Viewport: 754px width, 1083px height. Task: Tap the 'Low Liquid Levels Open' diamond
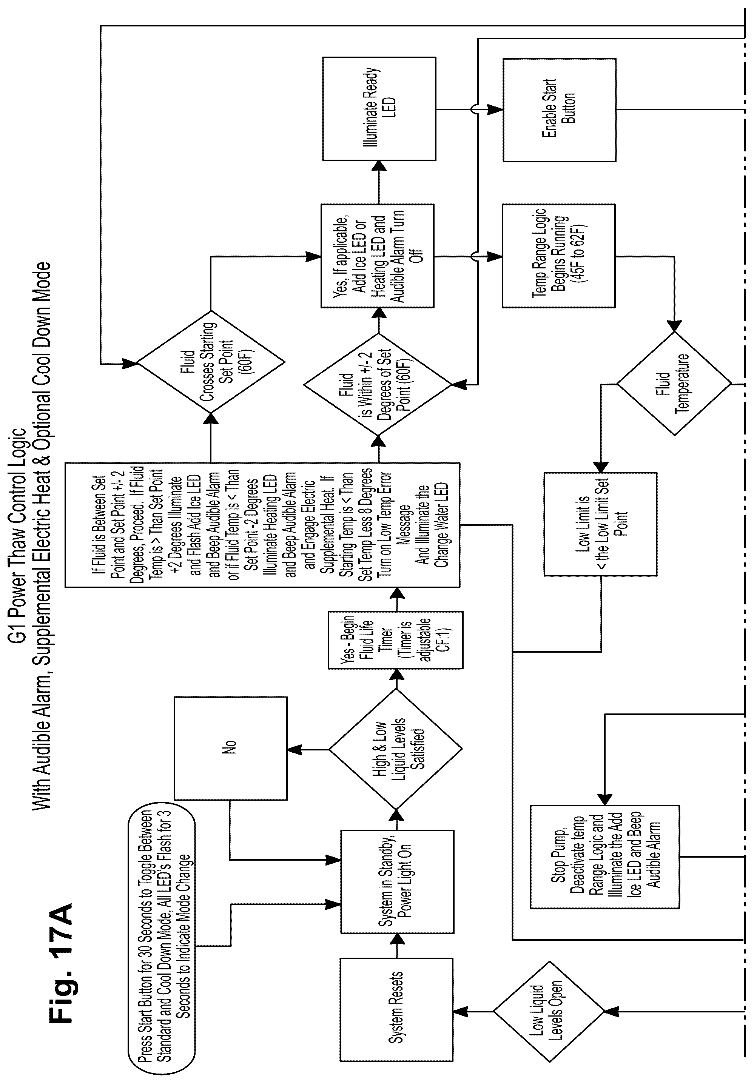[x=549, y=1011]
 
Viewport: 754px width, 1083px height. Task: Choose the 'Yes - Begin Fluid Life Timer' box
[x=395, y=640]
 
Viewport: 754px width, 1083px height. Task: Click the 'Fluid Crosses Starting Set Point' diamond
[x=210, y=363]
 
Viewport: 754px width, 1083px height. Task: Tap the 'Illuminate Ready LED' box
[x=379, y=109]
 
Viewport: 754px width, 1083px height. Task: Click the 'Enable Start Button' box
[x=559, y=110]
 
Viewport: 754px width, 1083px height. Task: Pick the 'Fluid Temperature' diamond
[x=674, y=384]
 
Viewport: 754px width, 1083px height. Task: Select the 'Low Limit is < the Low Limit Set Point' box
[x=600, y=524]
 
